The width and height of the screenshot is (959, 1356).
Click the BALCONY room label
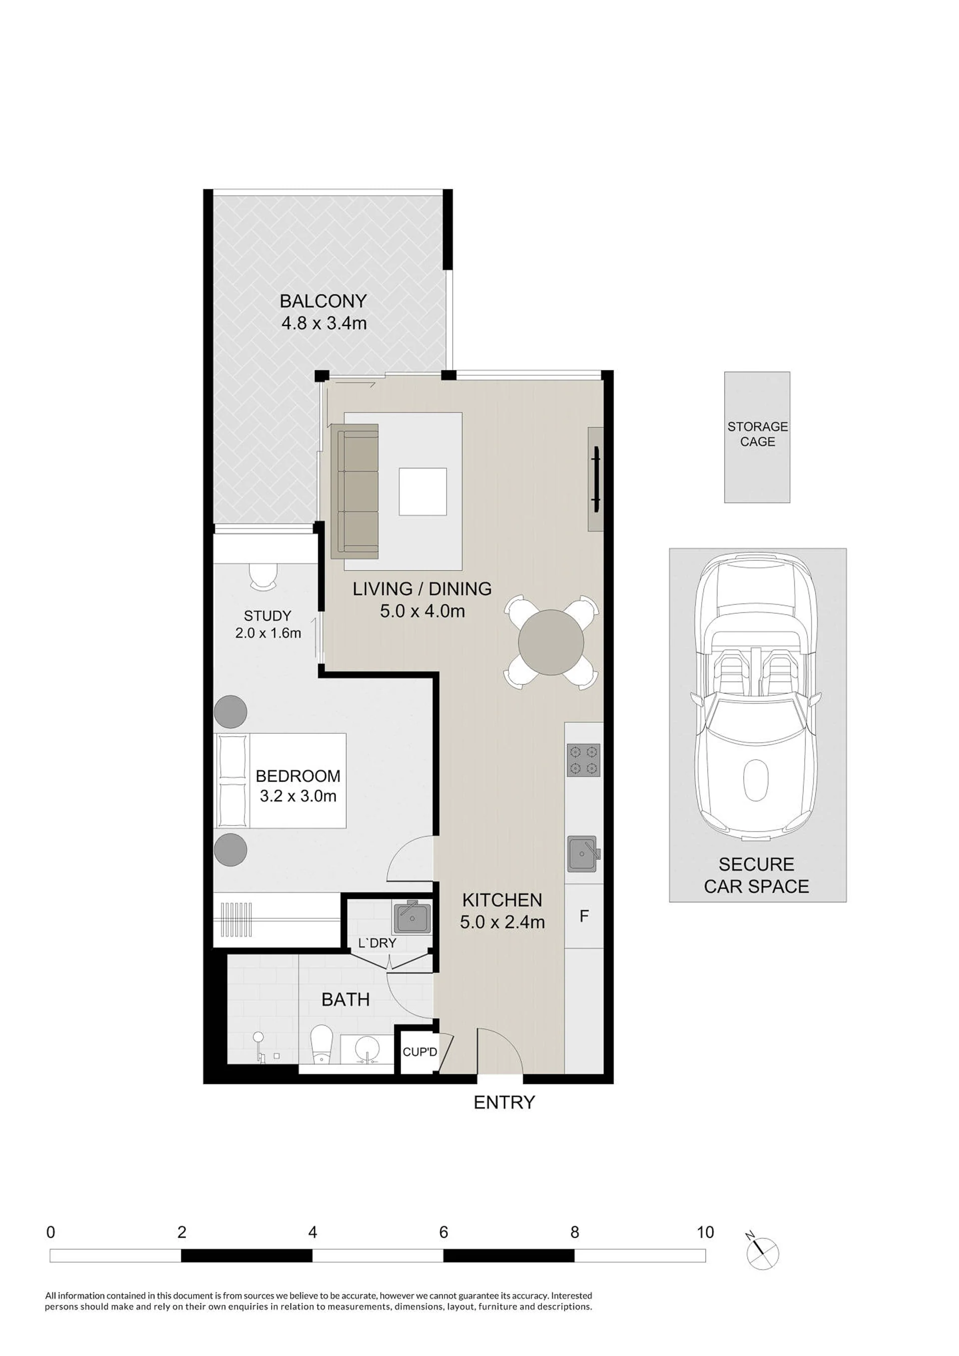tap(323, 301)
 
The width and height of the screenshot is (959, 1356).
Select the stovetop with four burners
tap(583, 760)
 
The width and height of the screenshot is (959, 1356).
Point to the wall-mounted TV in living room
tap(596, 479)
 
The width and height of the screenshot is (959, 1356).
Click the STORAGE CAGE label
tap(758, 434)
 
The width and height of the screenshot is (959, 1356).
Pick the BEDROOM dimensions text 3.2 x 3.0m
tap(298, 796)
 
